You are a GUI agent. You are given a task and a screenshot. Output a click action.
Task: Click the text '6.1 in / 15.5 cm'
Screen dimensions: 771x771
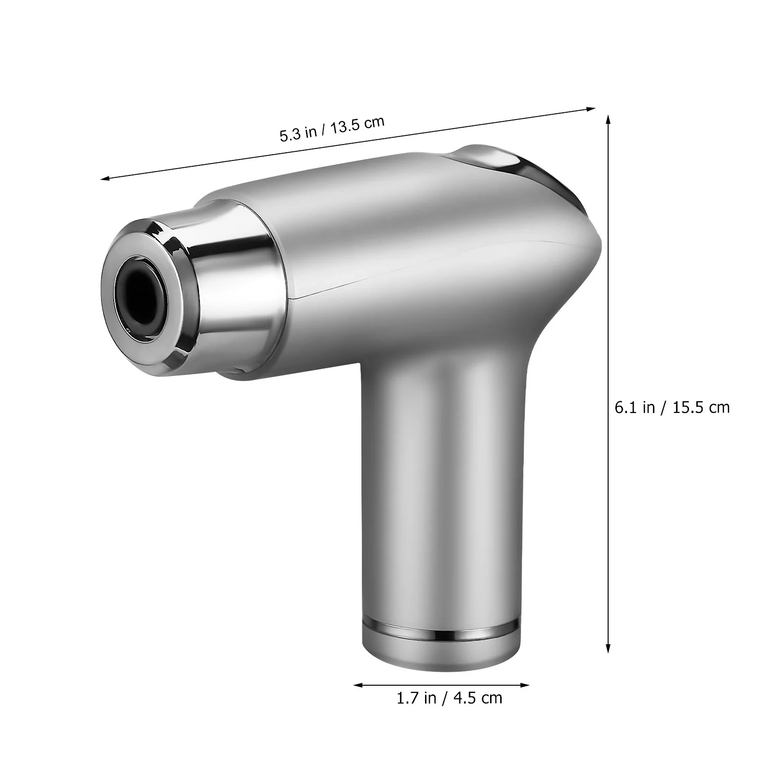click(x=672, y=407)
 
